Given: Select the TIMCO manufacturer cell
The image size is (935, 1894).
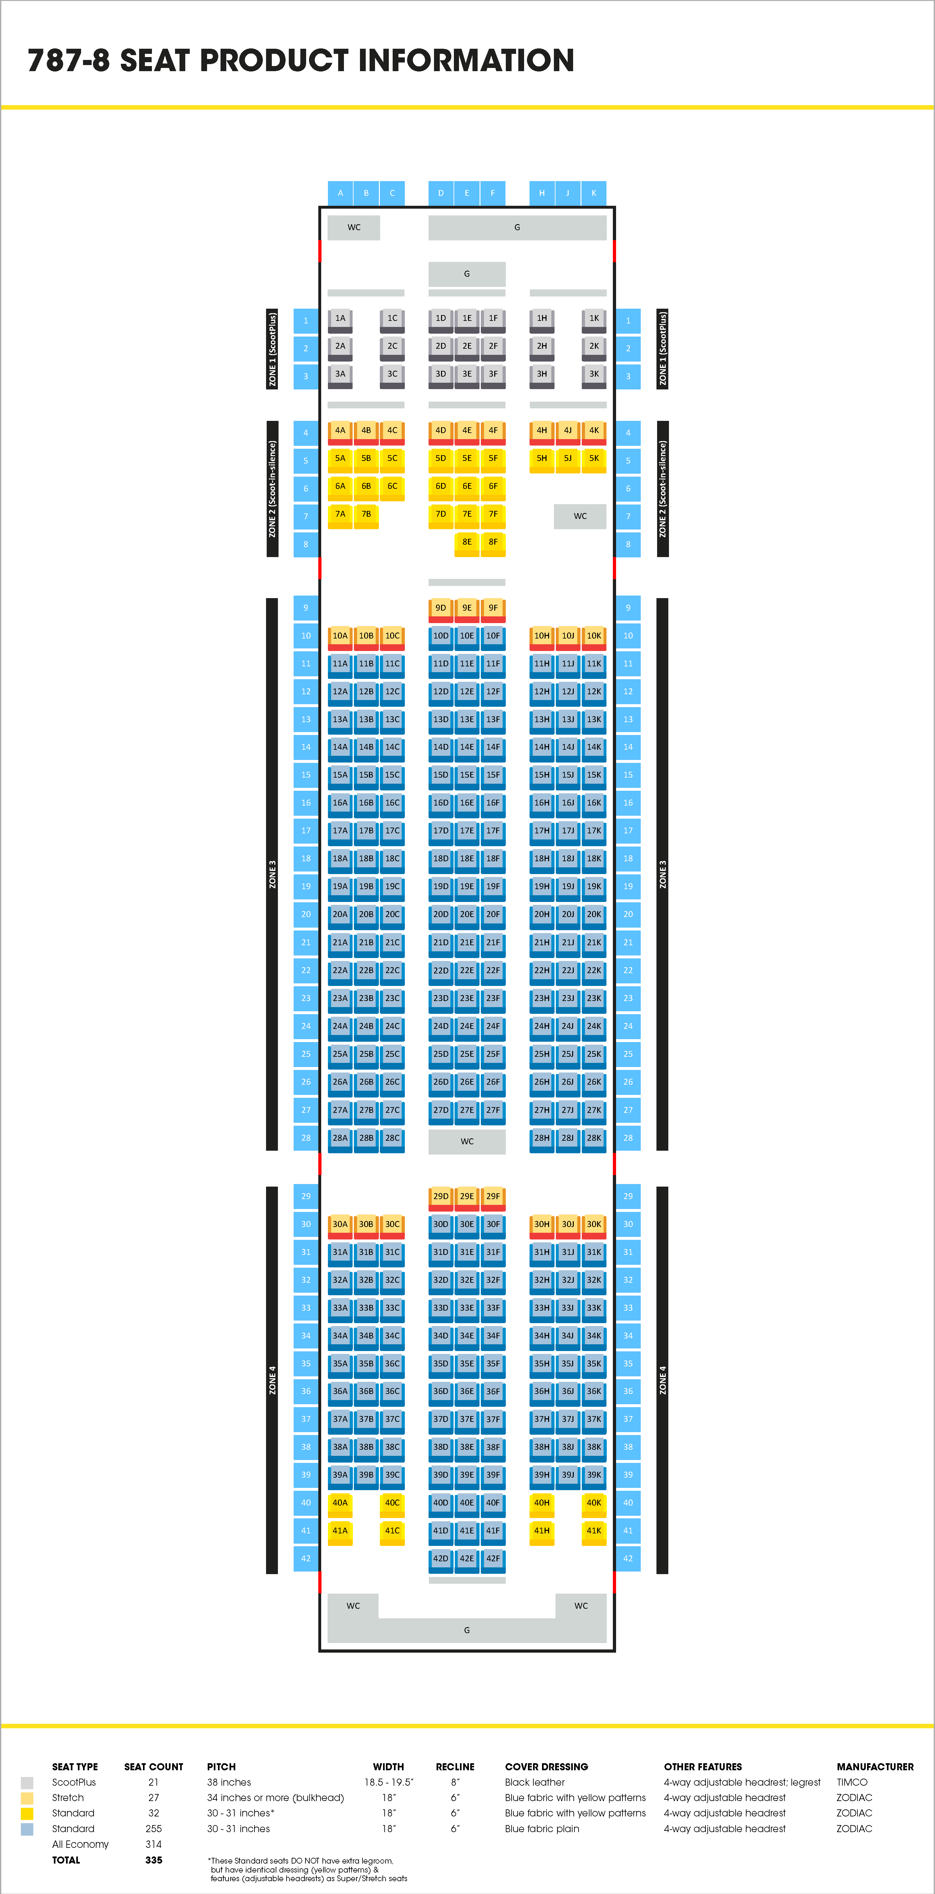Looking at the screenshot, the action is pyautogui.click(x=852, y=1782).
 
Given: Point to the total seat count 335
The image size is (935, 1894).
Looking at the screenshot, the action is pyautogui.click(x=154, y=1860).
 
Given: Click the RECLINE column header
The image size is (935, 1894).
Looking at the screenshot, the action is pyautogui.click(x=455, y=1767).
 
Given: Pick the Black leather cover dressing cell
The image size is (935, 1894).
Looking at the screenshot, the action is pyautogui.click(x=534, y=1782).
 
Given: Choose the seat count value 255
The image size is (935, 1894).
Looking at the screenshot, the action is pyautogui.click(x=154, y=1829).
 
